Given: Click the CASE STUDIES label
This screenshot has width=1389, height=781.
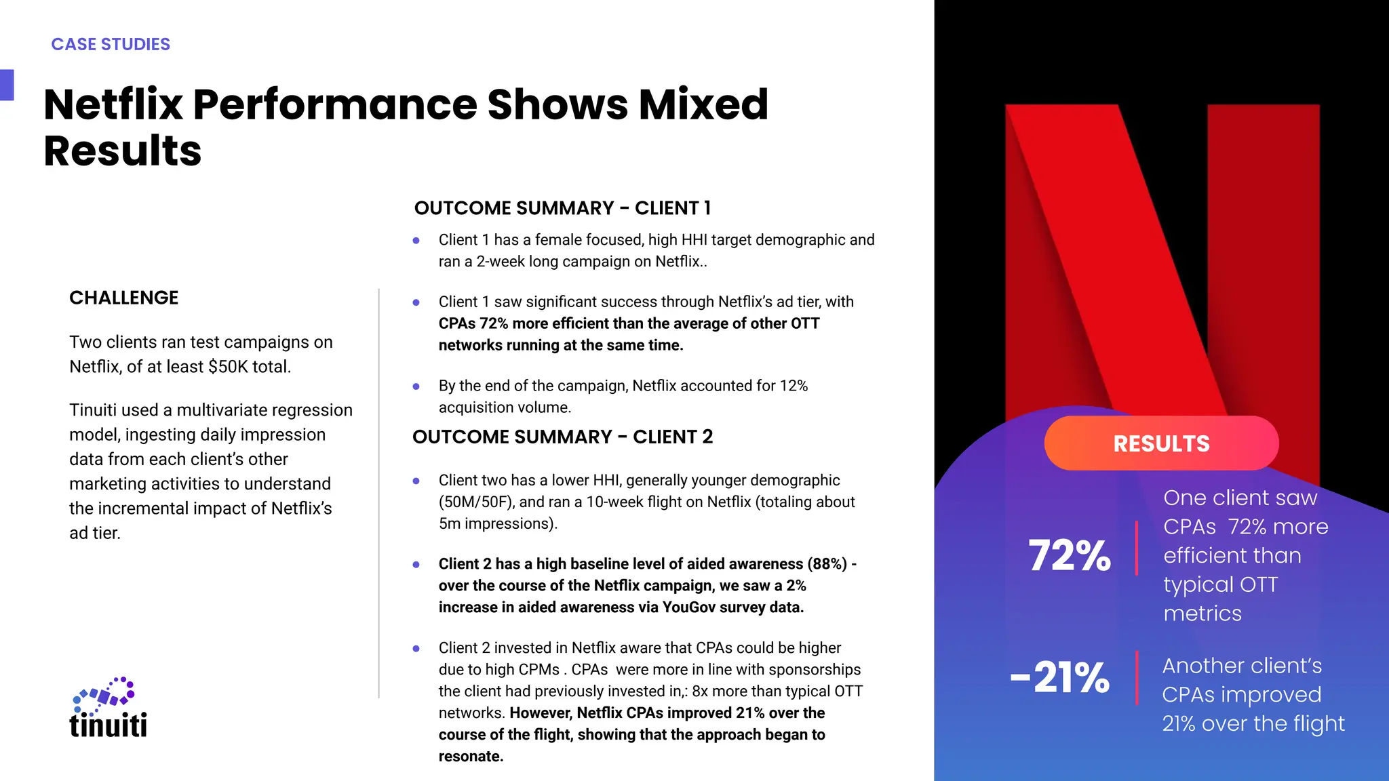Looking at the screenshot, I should click(111, 45).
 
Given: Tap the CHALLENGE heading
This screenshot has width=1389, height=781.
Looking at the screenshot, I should click(123, 298).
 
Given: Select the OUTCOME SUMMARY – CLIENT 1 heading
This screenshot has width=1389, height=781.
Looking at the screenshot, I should click(562, 208).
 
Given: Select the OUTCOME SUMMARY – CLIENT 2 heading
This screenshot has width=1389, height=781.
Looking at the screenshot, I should click(562, 437).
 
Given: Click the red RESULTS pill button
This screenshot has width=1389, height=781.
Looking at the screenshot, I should click(1161, 443).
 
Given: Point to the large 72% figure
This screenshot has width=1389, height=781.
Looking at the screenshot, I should click(1070, 556).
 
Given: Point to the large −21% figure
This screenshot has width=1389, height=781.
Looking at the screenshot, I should click(1060, 677).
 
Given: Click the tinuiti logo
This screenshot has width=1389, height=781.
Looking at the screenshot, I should click(109, 708).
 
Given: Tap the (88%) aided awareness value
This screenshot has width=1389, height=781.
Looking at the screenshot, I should click(827, 564).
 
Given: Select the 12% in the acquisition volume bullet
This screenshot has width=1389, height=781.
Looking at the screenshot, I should click(794, 386).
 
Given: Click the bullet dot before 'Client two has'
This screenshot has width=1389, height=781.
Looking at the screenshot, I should click(416, 481).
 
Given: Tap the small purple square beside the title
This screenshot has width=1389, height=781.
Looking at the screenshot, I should click(7, 85).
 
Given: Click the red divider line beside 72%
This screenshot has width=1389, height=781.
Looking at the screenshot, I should click(1137, 548).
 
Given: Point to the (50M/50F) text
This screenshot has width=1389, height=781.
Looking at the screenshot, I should click(476, 502).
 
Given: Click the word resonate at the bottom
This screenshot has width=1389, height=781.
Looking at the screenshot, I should click(469, 757).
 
